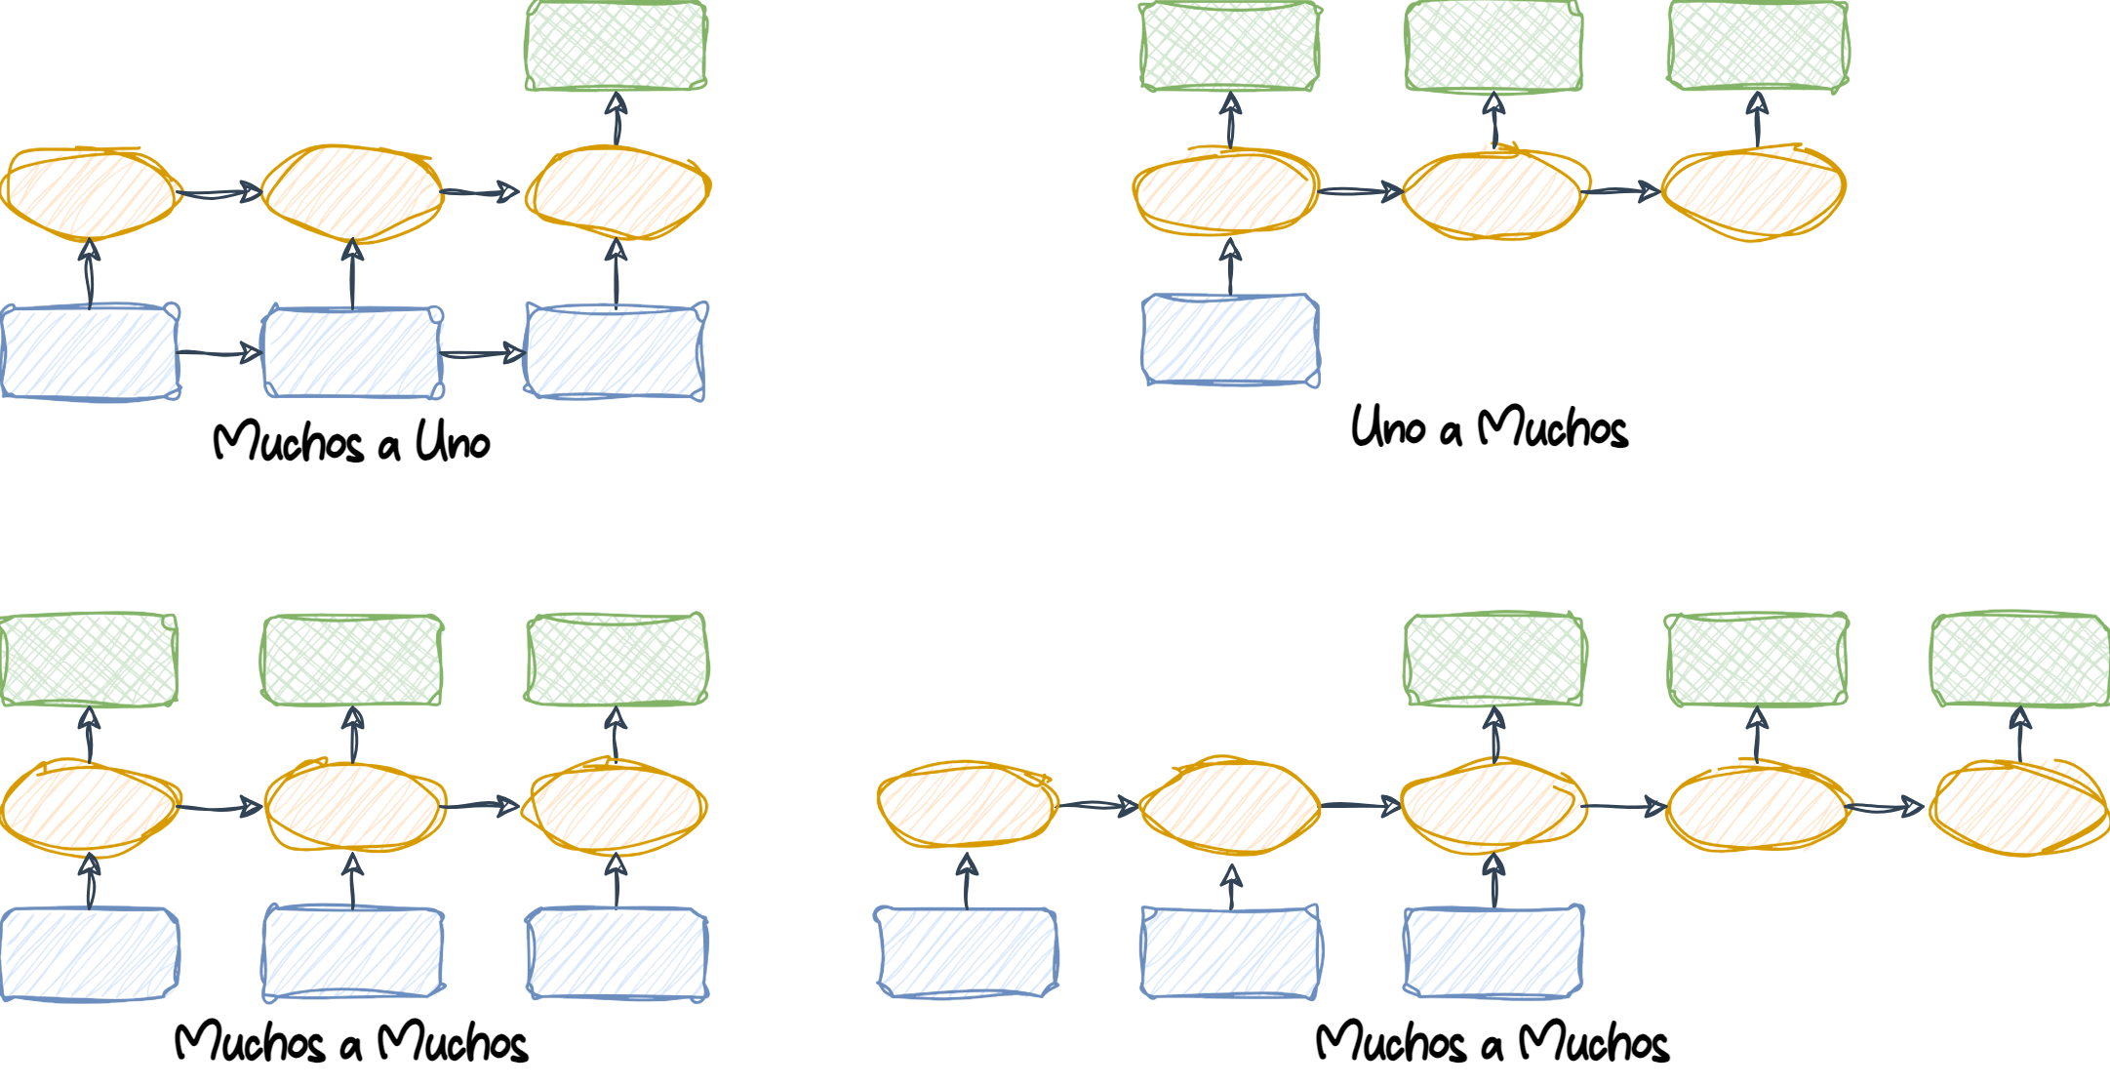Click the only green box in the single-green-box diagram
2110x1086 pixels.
click(616, 47)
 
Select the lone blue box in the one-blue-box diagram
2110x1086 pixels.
click(1230, 340)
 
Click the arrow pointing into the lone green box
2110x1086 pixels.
click(616, 118)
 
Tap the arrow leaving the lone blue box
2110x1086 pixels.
click(1230, 265)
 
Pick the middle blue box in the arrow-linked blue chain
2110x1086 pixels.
click(353, 352)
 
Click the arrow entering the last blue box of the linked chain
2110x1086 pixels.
click(484, 353)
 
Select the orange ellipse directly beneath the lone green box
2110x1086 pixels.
click(617, 192)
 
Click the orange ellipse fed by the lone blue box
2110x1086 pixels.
click(1226, 192)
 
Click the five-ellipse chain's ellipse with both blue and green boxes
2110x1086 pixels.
click(1493, 806)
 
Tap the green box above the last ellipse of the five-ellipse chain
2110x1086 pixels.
click(2019, 660)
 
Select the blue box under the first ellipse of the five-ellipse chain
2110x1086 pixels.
click(966, 952)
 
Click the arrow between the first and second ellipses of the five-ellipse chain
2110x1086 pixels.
click(1097, 806)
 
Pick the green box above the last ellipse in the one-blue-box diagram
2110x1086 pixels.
click(1757, 47)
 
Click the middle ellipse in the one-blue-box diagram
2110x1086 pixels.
click(1493, 193)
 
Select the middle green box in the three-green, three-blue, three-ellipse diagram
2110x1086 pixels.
click(352, 660)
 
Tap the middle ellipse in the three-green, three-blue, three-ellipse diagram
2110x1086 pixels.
click(353, 806)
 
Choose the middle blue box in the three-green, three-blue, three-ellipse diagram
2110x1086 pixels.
click(353, 953)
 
